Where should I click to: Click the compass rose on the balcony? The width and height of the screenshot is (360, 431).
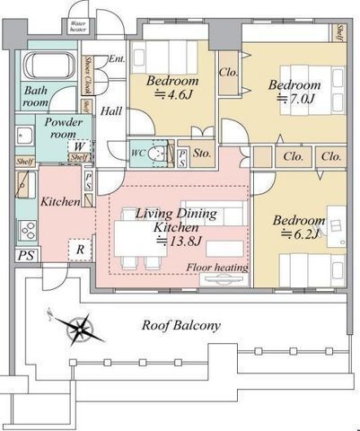pyautogui.click(x=78, y=330)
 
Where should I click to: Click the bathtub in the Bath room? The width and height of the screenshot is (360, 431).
pyautogui.click(x=49, y=67)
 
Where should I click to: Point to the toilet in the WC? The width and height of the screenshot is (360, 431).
pyautogui.click(x=157, y=154)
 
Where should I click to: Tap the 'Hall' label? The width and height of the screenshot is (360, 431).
pyautogui.click(x=111, y=111)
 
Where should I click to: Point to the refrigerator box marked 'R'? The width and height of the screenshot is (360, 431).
pyautogui.click(x=80, y=249)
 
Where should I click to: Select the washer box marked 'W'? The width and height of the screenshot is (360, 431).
pyautogui.click(x=81, y=146)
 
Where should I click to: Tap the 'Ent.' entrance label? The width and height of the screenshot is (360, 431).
pyautogui.click(x=116, y=59)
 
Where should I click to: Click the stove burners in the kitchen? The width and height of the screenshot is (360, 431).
pyautogui.click(x=27, y=231)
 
